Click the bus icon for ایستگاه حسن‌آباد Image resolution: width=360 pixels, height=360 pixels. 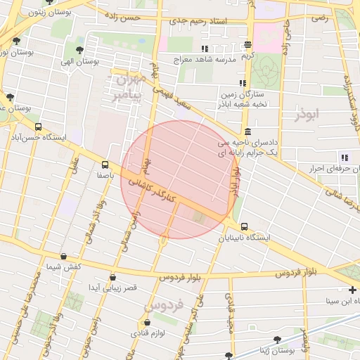37,127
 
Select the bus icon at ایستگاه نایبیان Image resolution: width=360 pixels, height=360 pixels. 244,226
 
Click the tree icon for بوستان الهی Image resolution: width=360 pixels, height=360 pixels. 79,50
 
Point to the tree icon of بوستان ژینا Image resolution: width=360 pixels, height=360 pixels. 305,339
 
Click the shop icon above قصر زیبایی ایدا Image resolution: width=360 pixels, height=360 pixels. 112,277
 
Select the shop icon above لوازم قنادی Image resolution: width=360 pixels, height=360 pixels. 146,323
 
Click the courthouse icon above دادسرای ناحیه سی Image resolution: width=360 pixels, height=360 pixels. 247,131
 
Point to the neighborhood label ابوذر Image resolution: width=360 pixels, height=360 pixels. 308,113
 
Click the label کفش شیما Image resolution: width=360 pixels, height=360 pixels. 64,266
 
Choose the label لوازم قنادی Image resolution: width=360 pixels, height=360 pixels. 148,333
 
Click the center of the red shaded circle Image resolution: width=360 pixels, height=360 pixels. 179,179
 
